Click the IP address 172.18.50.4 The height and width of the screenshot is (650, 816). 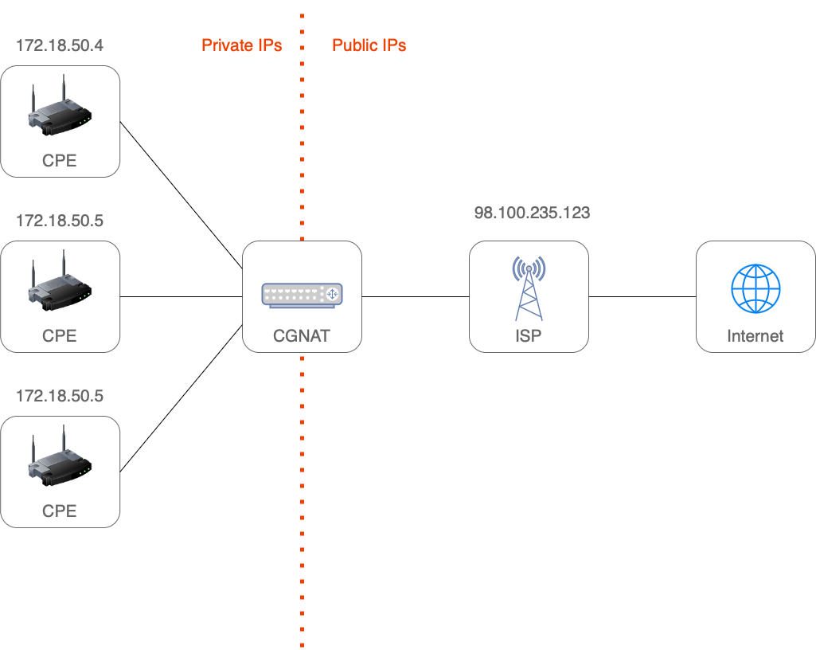pyautogui.click(x=60, y=45)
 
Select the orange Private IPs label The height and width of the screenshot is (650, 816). pyautogui.click(x=241, y=45)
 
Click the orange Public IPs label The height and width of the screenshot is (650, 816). pyautogui.click(x=369, y=45)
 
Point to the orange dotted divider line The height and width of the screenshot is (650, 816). pyautogui.click(x=303, y=478)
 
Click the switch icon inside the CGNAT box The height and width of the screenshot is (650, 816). pyautogui.click(x=302, y=295)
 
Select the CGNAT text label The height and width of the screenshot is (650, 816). pyautogui.click(x=302, y=336)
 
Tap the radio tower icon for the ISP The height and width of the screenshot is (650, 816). pyautogui.click(x=529, y=288)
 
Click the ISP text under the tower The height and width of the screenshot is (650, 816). pyautogui.click(x=529, y=336)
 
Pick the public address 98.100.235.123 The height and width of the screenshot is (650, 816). pyautogui.click(x=532, y=213)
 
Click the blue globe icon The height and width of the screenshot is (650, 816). pyautogui.click(x=755, y=288)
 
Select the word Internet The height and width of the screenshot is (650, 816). pyautogui.click(x=755, y=336)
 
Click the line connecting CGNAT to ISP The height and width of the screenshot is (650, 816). pyautogui.click(x=416, y=297)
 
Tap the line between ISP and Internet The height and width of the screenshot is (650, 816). pyautogui.click(x=642, y=297)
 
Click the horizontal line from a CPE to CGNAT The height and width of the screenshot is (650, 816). pyautogui.click(x=181, y=297)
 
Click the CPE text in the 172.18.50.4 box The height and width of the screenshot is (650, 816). pyautogui.click(x=60, y=160)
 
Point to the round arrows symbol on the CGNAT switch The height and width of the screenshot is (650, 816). pyautogui.click(x=332, y=295)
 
